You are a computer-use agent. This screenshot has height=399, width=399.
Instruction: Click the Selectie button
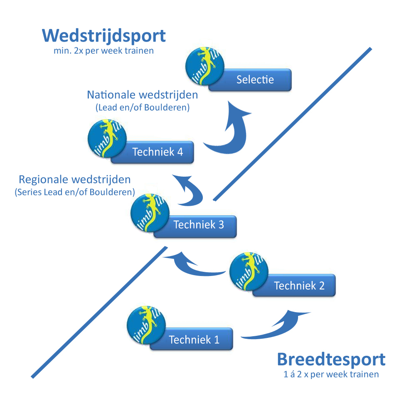255,80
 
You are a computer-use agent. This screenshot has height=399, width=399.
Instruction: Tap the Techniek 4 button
157,152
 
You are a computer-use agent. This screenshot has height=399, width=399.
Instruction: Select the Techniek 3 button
199,225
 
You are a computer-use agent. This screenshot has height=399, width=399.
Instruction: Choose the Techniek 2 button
299,286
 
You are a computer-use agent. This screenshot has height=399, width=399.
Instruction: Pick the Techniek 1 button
194,340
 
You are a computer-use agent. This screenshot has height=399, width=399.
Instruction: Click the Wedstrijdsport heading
104,36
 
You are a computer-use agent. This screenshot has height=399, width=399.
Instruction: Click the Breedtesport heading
331,360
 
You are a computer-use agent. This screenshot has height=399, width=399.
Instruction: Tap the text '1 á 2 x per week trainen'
331,374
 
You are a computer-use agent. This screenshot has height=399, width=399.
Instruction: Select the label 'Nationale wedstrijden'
142,95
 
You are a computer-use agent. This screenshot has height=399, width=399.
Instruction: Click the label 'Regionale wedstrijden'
75,180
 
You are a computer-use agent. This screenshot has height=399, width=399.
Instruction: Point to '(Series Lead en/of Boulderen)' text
75,192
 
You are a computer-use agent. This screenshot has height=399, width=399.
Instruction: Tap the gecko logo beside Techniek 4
108,139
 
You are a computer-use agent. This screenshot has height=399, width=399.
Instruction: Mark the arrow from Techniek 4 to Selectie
231,133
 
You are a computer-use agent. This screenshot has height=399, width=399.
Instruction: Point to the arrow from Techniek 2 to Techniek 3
195,268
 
